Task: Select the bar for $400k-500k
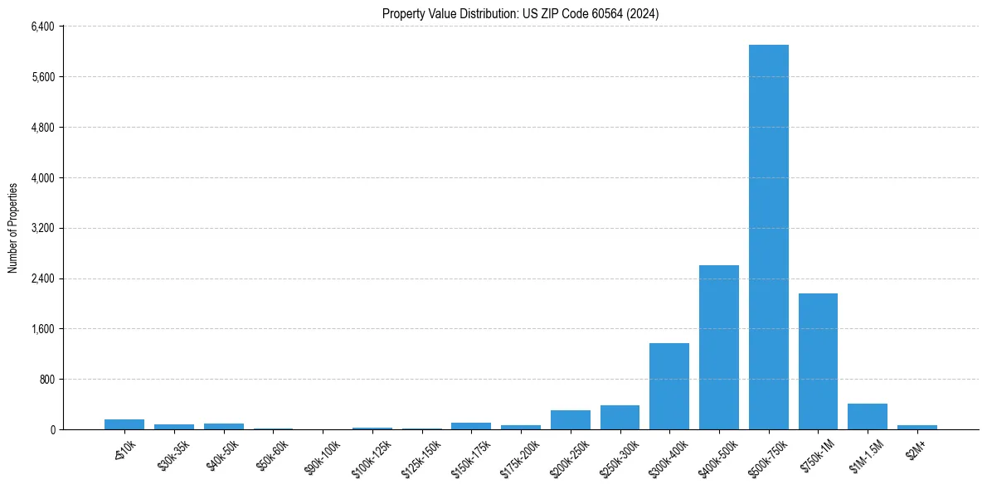pos(718,347)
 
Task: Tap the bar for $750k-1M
pos(818,361)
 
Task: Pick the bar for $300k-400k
pos(669,386)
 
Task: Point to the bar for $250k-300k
pos(620,418)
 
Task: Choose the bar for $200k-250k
pos(570,420)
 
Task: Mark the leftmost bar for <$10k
pos(124,424)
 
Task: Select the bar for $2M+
pos(916,427)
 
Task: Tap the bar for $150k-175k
pos(471,426)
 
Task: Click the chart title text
pos(520,13)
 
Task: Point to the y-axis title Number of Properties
pos(13,228)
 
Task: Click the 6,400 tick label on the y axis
pos(42,27)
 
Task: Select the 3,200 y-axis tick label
pos(42,228)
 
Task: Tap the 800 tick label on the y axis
pos(46,380)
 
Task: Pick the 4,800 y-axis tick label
pos(42,128)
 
